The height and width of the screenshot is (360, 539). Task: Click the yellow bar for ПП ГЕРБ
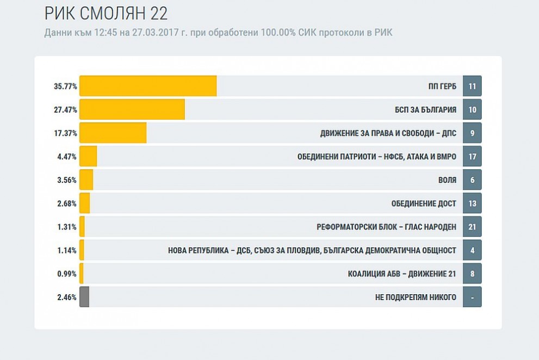148,86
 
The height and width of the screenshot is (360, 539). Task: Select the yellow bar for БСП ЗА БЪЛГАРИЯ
132,109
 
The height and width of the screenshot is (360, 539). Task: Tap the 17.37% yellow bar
113,133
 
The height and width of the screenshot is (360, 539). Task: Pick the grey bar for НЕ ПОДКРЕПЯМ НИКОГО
84,297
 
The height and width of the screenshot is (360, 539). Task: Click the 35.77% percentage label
65,86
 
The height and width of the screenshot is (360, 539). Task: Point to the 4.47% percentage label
67,157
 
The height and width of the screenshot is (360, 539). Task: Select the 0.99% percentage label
67,274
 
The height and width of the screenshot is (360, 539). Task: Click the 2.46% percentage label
67,297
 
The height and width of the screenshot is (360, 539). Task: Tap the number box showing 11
472,86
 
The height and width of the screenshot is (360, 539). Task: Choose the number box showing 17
472,156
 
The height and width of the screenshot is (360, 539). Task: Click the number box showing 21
472,227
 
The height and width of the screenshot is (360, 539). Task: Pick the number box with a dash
472,297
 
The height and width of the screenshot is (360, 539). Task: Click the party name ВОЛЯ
447,180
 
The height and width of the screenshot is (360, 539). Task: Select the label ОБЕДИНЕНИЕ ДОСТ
424,203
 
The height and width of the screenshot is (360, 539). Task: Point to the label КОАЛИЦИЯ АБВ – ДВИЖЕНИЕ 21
402,274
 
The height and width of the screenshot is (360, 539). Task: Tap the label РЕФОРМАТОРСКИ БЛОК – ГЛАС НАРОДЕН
386,227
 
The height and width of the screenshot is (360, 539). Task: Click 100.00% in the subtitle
278,33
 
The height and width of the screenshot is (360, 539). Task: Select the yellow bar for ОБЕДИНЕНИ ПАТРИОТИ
88,156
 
